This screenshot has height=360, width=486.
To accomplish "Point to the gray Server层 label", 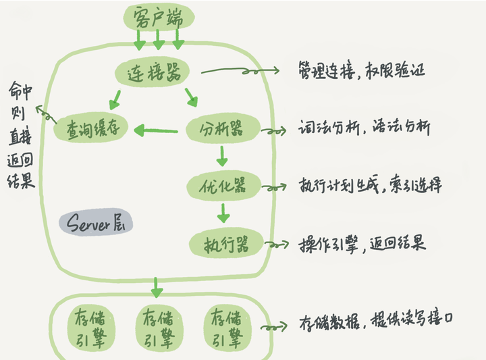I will pos(96,224).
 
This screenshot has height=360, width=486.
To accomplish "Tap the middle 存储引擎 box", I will pos(159,328).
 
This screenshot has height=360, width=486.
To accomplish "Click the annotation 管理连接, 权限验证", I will pos(361,70).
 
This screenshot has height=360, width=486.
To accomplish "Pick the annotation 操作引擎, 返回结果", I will pos(362,243).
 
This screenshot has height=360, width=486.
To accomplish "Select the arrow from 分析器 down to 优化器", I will pos(222,157).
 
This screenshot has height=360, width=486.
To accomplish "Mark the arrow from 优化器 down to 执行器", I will pos(223,213).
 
